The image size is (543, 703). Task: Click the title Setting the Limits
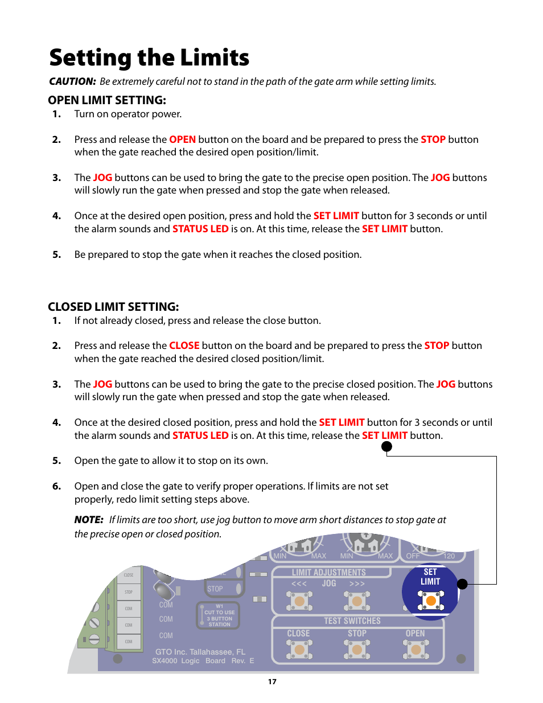[149, 57]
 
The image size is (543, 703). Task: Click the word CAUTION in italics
[72, 81]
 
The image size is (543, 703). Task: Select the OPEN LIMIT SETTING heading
[107, 100]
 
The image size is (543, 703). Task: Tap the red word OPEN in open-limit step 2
[182, 139]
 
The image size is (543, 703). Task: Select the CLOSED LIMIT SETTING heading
[113, 307]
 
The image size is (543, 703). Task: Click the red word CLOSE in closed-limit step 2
[184, 346]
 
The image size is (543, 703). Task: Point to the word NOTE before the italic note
[88, 520]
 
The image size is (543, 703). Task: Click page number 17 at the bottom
[272, 681]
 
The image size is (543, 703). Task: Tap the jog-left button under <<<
[299, 601]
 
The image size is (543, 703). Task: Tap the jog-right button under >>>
[357, 601]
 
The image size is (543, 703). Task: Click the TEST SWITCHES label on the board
[352, 621]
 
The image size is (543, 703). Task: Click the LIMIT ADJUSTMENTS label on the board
[329, 573]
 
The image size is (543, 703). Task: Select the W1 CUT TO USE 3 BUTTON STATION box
[219, 615]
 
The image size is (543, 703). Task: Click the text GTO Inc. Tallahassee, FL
[200, 652]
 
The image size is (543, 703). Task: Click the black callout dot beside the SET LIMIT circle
[462, 584]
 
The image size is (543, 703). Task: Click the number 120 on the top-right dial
[449, 556]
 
